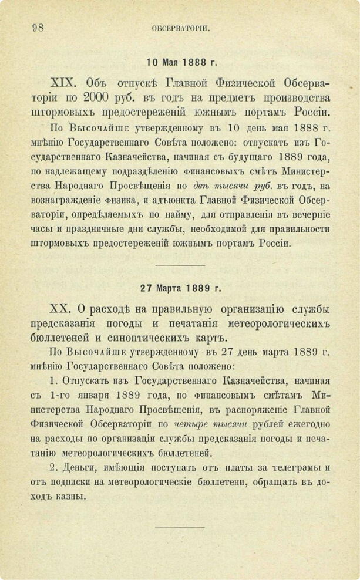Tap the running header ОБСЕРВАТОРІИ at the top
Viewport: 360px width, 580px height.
[x=180, y=28]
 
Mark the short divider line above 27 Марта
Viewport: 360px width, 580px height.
[x=180, y=265]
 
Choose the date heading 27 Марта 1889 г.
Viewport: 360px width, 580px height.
[x=181, y=288]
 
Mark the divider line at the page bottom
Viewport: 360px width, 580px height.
[x=180, y=527]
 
